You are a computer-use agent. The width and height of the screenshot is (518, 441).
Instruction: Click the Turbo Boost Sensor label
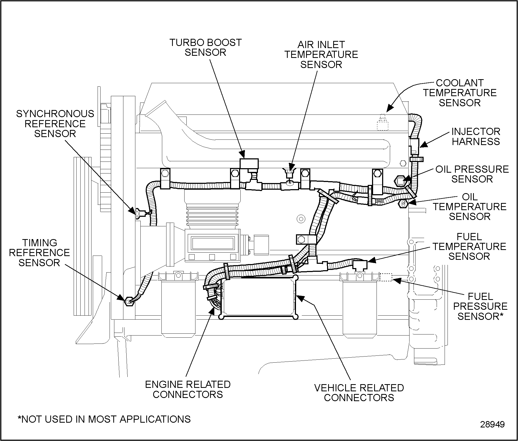[x=205, y=47]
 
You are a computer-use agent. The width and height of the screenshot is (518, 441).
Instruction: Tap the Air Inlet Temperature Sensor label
[x=321, y=54]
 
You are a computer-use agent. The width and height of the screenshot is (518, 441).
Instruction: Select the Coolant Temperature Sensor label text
[x=460, y=93]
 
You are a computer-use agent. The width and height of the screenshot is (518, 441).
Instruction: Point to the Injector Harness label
[x=476, y=136]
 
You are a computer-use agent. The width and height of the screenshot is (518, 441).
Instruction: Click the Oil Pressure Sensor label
[x=472, y=174]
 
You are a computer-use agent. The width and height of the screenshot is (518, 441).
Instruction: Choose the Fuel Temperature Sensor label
[x=469, y=246]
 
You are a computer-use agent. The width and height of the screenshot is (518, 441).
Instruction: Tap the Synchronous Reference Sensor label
[x=55, y=124]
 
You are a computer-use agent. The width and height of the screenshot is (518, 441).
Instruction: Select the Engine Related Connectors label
[x=188, y=389]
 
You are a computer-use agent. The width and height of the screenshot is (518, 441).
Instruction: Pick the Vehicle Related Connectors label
[x=359, y=393]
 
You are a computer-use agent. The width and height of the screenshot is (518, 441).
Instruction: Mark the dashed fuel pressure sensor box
[x=386, y=277]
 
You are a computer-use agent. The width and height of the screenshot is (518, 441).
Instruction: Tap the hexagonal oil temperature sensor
[x=403, y=204]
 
